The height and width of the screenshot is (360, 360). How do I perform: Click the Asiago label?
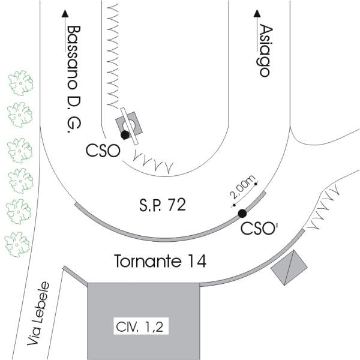[x=262, y=50]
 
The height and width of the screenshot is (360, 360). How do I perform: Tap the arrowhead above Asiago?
[x=257, y=13]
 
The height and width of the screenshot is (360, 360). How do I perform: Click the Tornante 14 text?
[x=160, y=261]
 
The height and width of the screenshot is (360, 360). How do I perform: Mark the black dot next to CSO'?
[x=242, y=214]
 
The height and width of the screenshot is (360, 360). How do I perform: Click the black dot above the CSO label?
[x=125, y=135]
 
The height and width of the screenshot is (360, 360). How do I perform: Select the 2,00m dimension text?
[x=244, y=188]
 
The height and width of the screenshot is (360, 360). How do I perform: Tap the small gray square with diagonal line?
[x=289, y=266]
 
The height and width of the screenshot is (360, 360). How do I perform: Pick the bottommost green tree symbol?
[x=17, y=244]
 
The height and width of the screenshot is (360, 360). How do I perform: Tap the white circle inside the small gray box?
[x=128, y=124]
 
